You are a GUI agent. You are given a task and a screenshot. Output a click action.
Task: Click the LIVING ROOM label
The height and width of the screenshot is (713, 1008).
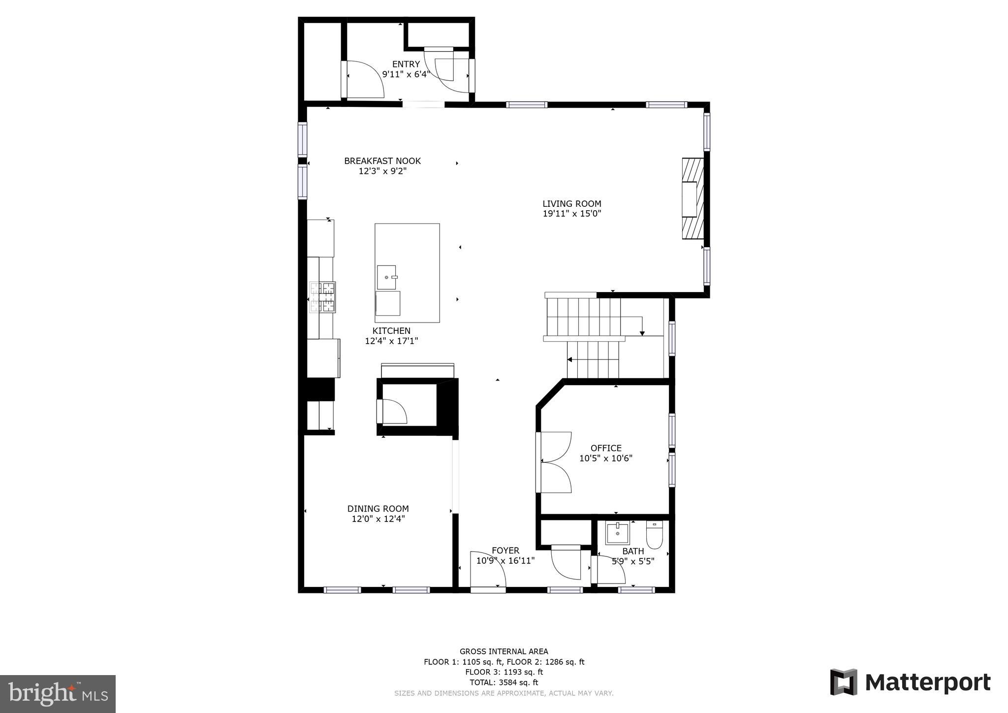click(x=571, y=203)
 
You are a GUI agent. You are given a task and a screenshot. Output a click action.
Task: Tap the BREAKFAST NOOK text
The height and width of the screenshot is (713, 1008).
click(x=382, y=161)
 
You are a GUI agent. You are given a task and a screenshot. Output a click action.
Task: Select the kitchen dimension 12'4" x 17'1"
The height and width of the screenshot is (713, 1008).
click(x=391, y=341)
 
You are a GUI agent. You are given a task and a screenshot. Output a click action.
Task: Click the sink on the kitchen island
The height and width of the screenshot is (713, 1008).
click(x=386, y=277)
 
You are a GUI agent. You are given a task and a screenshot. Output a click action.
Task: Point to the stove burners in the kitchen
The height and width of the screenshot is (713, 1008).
click(x=322, y=297)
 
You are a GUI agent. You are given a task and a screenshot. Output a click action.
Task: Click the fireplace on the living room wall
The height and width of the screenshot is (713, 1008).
click(x=692, y=198)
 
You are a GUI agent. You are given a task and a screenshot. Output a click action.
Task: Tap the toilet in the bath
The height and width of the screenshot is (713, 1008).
click(x=654, y=535)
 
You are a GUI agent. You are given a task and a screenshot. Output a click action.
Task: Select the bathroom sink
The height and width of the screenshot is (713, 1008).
click(x=617, y=533)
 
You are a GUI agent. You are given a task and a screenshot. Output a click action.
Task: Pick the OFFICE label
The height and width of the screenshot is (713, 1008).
click(x=606, y=448)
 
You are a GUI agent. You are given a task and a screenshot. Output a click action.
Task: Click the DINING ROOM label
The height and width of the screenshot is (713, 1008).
click(x=378, y=509)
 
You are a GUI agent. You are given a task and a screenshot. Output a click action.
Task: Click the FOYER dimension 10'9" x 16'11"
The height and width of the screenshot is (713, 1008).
click(x=505, y=560)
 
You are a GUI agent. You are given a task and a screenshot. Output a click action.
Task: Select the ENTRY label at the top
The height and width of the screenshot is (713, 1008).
click(x=406, y=64)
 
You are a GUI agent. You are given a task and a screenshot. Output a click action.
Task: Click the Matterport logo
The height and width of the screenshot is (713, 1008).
click(x=911, y=682)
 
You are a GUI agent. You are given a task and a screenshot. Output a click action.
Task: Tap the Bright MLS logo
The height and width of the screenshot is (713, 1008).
click(x=58, y=694)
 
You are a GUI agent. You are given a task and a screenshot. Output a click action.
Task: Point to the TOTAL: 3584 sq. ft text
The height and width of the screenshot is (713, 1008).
click(x=504, y=682)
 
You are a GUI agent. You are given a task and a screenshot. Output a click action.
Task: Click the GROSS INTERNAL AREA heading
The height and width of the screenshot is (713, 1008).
click(x=504, y=651)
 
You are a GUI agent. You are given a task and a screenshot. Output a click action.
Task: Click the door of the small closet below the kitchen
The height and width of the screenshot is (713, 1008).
click(x=392, y=412)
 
